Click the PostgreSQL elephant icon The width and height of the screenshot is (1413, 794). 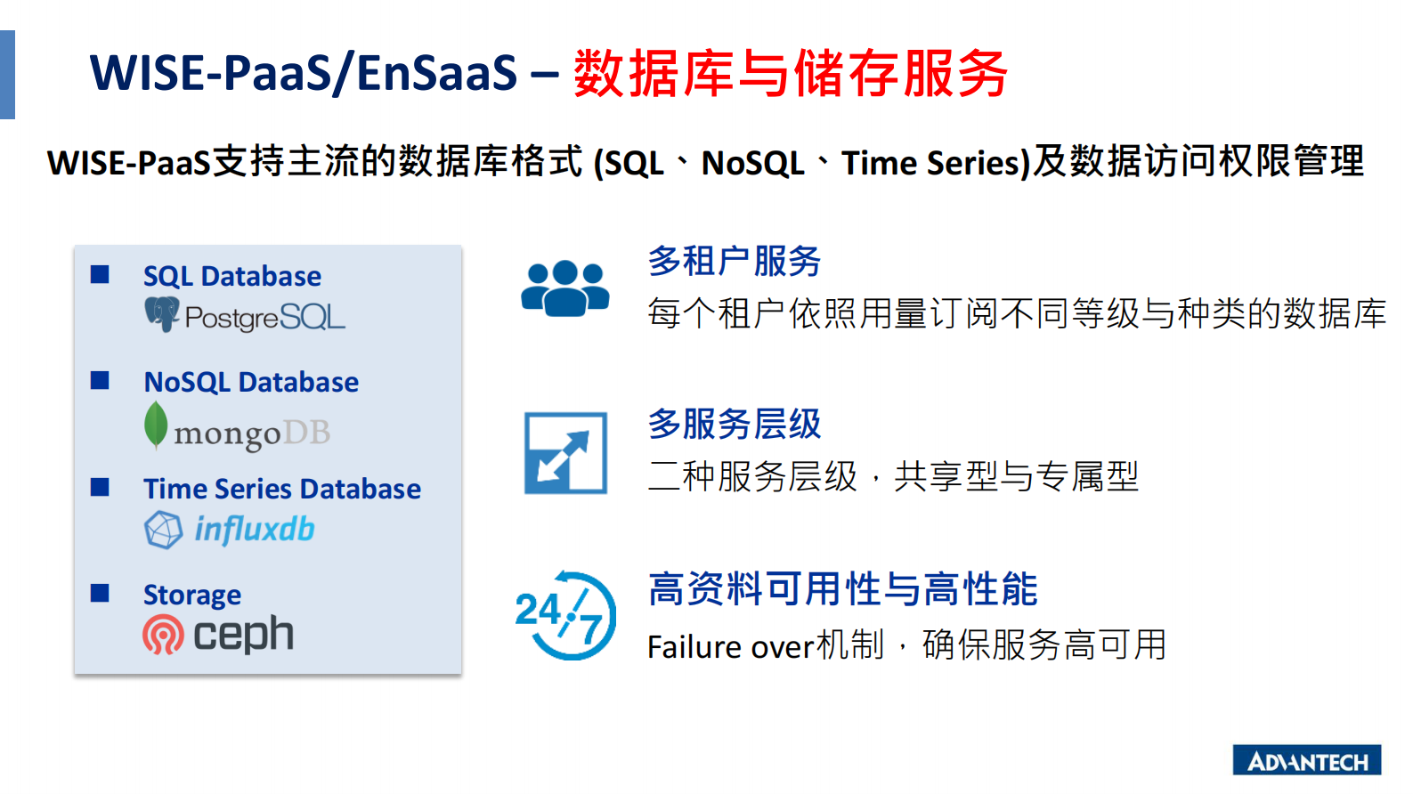click(162, 314)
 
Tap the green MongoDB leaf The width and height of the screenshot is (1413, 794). click(156, 425)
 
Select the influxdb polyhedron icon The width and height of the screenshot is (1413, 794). click(163, 530)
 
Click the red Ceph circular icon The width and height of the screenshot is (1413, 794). click(163, 635)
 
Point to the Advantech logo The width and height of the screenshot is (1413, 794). click(1307, 760)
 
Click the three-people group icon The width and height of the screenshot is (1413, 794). click(565, 288)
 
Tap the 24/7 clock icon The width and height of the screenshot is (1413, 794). click(565, 615)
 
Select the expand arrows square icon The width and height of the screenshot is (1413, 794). click(565, 453)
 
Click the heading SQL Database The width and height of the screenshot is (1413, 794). click(232, 276)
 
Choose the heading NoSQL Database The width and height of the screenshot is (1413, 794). click(251, 382)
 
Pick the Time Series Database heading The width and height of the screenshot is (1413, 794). click(282, 489)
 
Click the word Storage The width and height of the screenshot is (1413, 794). click(192, 595)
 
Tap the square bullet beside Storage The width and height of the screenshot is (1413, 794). click(100, 593)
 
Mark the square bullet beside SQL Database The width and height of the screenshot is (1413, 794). click(100, 274)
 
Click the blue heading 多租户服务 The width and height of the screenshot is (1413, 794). click(735, 261)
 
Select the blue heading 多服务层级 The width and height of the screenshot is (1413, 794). click(735, 424)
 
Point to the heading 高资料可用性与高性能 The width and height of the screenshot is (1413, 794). click(843, 589)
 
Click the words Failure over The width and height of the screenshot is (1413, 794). click(731, 647)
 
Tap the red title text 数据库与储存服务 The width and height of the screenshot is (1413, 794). click(791, 74)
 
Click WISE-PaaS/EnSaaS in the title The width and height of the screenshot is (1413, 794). click(304, 73)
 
